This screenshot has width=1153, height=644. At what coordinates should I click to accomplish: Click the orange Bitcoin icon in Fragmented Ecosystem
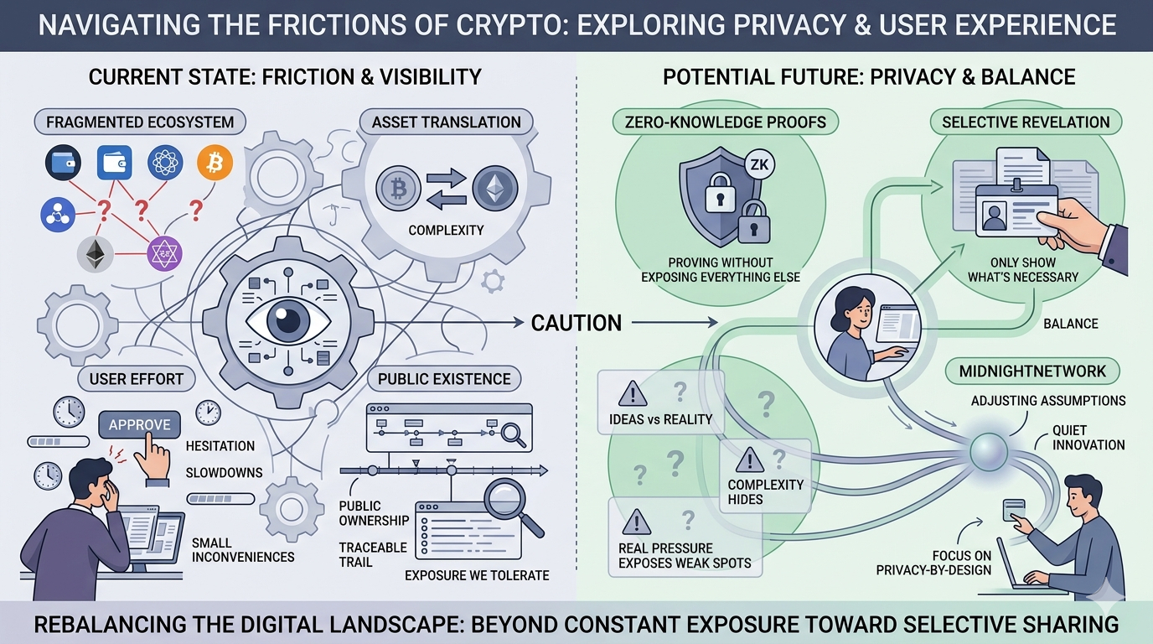(215, 163)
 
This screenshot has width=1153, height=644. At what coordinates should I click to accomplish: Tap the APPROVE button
(140, 424)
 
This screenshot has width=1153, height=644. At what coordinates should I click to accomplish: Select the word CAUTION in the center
(576, 322)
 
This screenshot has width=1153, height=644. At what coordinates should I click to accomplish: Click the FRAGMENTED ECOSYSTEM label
(140, 122)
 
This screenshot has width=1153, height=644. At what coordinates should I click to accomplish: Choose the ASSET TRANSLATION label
(446, 122)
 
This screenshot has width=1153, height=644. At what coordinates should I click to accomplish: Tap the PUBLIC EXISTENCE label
(444, 379)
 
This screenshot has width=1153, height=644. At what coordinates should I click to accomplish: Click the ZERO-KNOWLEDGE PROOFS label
(726, 122)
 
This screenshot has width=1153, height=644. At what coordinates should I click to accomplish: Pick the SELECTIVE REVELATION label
(1026, 122)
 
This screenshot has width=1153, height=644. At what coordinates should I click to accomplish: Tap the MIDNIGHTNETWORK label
(1033, 371)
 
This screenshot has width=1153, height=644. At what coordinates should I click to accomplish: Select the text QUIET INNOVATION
(1088, 437)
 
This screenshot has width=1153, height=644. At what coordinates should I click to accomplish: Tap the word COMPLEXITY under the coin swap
(447, 230)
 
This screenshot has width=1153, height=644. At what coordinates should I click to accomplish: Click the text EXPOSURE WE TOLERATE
(477, 575)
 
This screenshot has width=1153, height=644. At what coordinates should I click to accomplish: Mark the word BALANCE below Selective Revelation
(1070, 324)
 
